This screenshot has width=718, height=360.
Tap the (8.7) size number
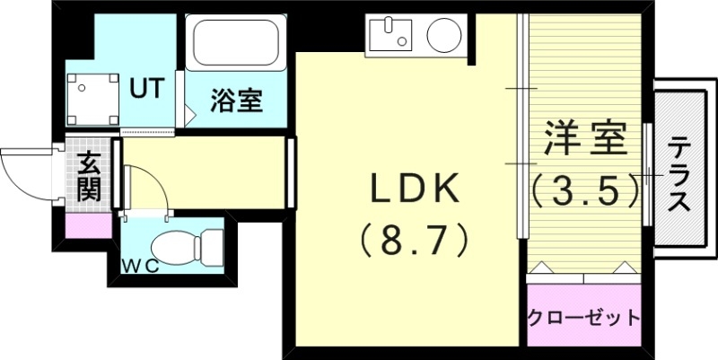pos(415,240)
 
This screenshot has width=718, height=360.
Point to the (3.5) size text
pos(585,188)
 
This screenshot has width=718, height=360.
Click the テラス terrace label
pos(679,173)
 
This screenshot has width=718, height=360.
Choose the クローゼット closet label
pos(584,318)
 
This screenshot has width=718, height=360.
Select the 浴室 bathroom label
pos(236,101)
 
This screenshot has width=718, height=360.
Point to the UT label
pos(146,88)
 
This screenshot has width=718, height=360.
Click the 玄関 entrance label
pos(89,176)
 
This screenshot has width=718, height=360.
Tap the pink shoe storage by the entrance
pos(89,224)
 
